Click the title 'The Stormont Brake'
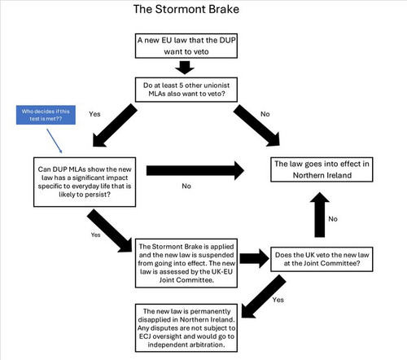[186, 9]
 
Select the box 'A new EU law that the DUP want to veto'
[186, 46]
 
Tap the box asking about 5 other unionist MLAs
[186, 90]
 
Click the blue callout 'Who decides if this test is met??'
[46, 115]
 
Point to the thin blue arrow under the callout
[55, 141]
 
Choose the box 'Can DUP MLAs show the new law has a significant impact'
[85, 182]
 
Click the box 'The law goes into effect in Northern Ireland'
[322, 169]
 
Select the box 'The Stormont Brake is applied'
[186, 263]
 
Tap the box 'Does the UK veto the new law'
[322, 259]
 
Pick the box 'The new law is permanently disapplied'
[186, 328]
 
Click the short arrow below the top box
[185, 68]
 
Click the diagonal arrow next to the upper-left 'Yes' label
[115, 125]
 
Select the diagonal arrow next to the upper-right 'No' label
[256, 125]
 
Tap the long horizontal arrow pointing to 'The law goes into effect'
[195, 170]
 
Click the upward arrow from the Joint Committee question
[320, 215]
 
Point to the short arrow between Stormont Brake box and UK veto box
[255, 258]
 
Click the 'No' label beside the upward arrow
[333, 219]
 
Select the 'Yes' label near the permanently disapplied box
[278, 300]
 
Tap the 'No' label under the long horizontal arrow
[186, 186]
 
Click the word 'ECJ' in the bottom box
[145, 336]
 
